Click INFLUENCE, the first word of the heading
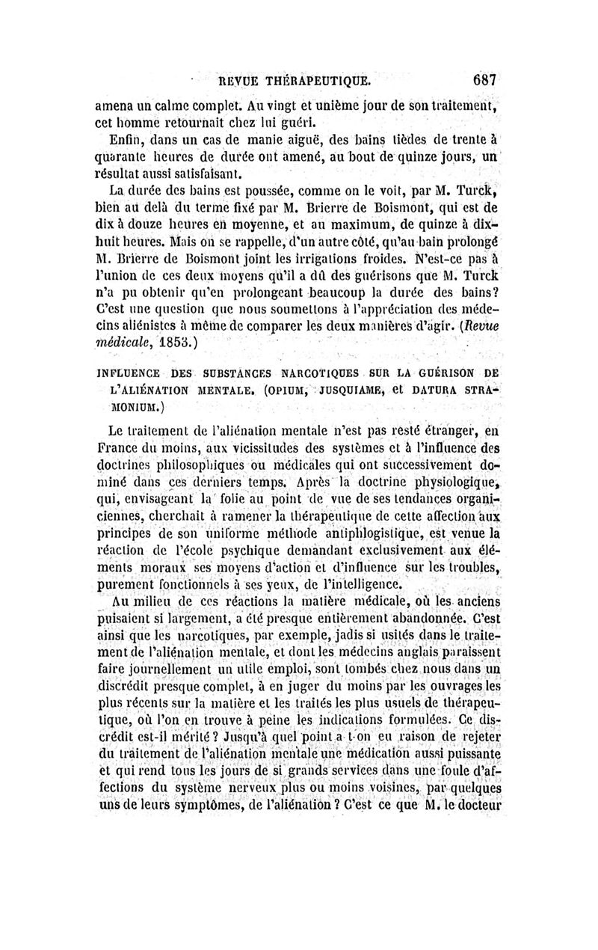133,372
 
